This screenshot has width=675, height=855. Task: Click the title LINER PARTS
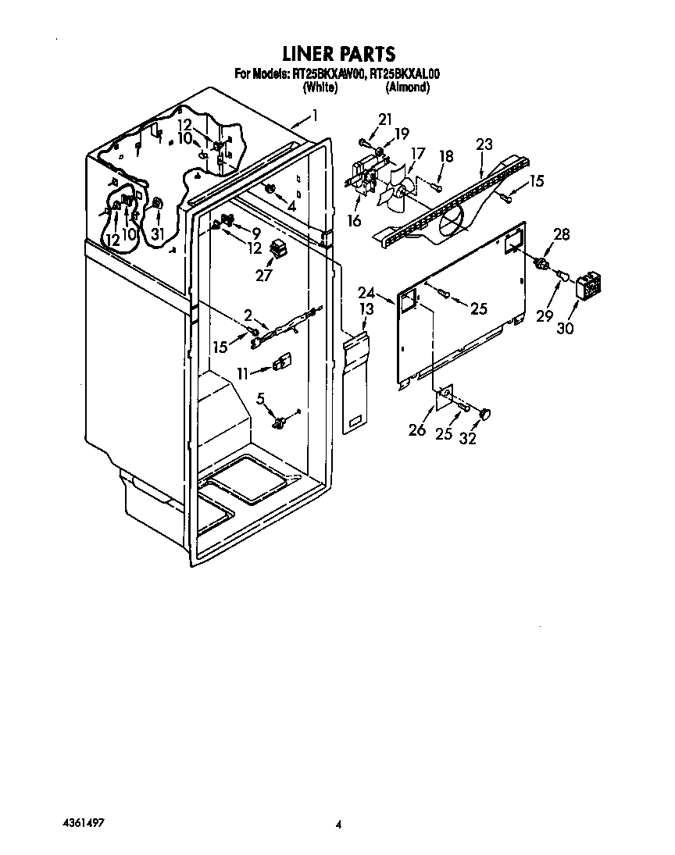tap(337, 54)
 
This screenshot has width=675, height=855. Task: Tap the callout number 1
tap(314, 116)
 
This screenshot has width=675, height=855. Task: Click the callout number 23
tap(484, 144)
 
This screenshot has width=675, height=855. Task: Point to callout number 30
tap(565, 328)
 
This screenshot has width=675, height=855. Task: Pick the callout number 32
tap(468, 439)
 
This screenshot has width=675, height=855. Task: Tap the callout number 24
tap(367, 294)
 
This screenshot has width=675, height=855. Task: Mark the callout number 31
tap(157, 233)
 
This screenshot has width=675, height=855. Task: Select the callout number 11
tap(243, 374)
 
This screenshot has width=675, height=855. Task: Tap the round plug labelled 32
tap(484, 412)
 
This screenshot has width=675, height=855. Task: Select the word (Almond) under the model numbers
tap(407, 87)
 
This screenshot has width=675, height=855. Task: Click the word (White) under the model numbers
tap(320, 87)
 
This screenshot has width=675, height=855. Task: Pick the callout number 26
tap(417, 430)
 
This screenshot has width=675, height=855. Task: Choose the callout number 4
tap(291, 206)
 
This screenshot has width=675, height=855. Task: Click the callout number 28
tap(562, 234)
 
